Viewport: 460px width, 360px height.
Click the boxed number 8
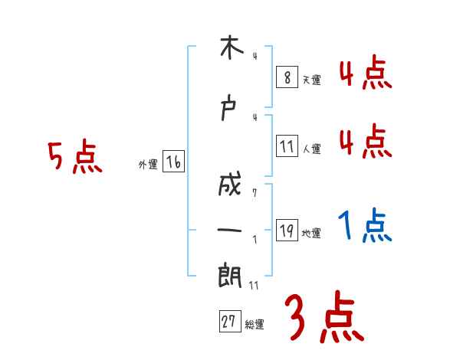pos(287,77)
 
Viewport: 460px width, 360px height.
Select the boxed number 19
pos(287,231)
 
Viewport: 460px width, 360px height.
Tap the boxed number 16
pos(173,162)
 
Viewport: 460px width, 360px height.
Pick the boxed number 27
pos(229,322)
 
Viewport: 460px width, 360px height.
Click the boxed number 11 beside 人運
pos(287,147)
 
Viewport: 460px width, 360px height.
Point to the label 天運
pos(311,80)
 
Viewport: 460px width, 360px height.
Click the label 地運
pos(311,234)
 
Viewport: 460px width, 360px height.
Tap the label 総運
pos(255,325)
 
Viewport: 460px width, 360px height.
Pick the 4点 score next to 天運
pos(365,74)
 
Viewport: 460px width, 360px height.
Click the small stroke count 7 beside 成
pos(254,193)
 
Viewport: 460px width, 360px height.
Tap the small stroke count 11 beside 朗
pos(254,286)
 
